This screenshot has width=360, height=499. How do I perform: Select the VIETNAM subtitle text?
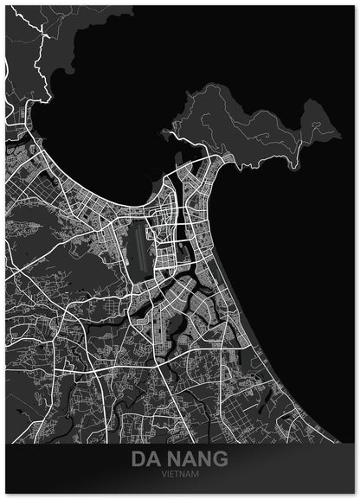click(x=180, y=475)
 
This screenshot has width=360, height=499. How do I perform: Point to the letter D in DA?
click(x=138, y=460)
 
